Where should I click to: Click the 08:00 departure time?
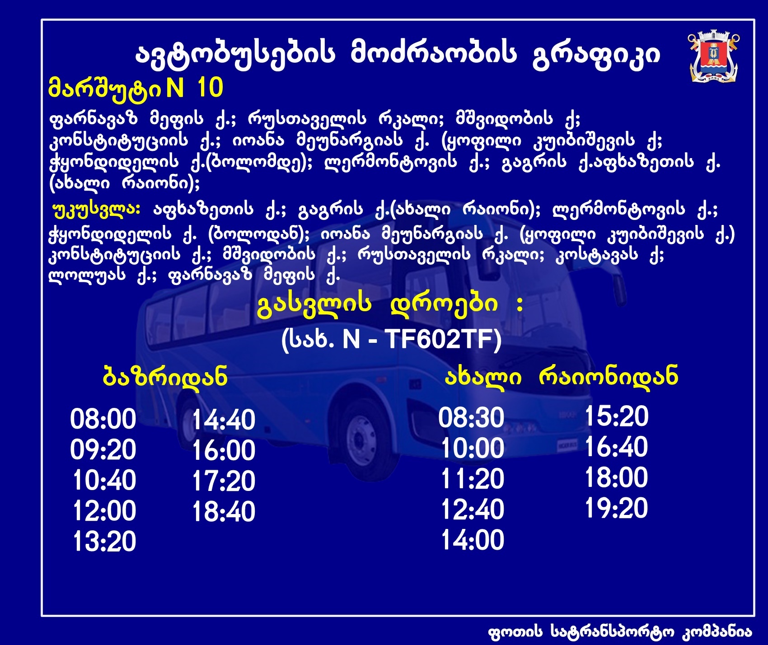pyautogui.click(x=103, y=419)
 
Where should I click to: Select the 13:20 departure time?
pyautogui.click(x=104, y=542)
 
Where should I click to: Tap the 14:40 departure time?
pyautogui.click(x=224, y=420)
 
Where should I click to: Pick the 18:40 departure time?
pyautogui.click(x=224, y=512)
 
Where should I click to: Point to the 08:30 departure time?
pyautogui.click(x=471, y=417)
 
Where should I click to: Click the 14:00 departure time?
pyautogui.click(x=473, y=540)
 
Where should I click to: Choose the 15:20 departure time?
pyautogui.click(x=617, y=416)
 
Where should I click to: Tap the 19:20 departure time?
pyautogui.click(x=617, y=508)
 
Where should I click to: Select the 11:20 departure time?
pyautogui.click(x=473, y=479)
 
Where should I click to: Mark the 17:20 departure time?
pyautogui.click(x=224, y=481)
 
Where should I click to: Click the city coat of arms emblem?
pyautogui.click(x=714, y=57)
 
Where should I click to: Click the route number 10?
pyautogui.click(x=210, y=88)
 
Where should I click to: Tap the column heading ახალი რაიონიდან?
pyautogui.click(x=561, y=376)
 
